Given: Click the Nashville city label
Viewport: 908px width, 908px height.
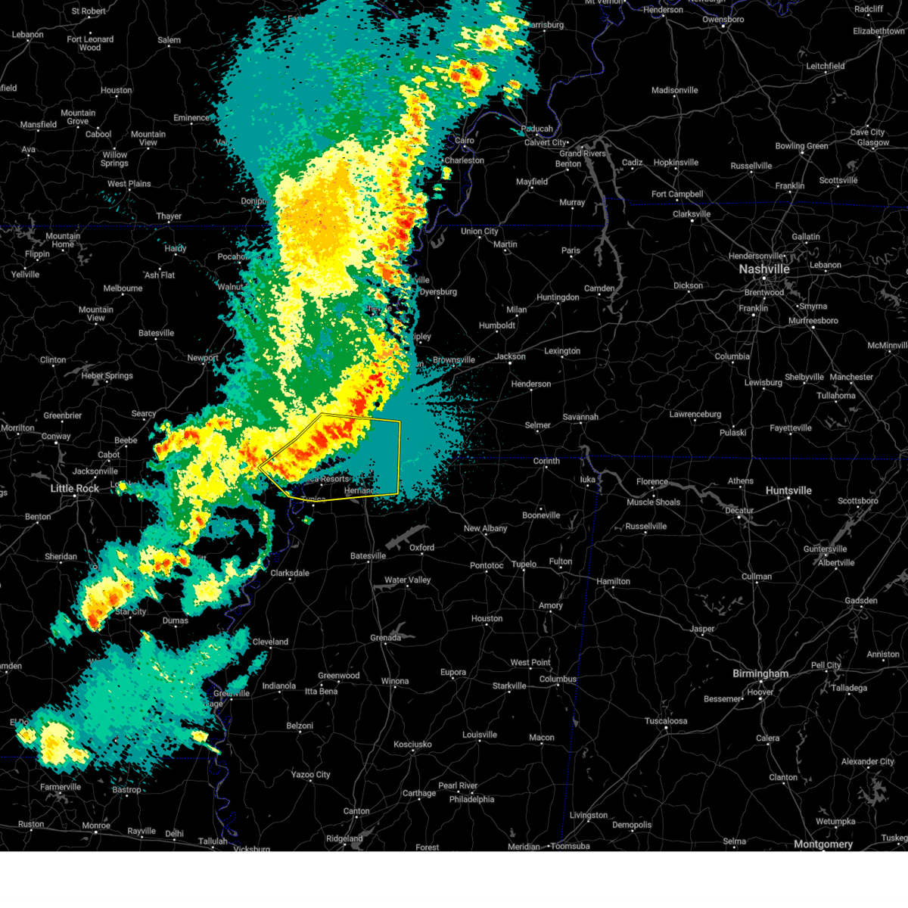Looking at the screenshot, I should (764, 269).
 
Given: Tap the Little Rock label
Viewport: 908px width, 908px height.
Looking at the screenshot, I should (74, 489).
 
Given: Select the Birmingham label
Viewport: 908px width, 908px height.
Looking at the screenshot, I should (760, 673).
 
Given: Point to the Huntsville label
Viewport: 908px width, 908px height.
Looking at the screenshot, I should (788, 491).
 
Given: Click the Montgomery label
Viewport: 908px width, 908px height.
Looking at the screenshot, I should (823, 844).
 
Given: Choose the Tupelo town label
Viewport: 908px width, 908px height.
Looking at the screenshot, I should (524, 564).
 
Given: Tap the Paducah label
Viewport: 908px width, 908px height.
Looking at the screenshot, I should (536, 129).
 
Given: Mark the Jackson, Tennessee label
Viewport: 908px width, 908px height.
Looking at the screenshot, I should (511, 356).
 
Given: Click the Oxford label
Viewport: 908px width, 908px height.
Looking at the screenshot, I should (421, 547).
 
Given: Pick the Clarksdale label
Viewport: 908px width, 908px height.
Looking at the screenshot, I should (290, 574).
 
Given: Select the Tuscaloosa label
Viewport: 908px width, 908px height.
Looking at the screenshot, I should (666, 721).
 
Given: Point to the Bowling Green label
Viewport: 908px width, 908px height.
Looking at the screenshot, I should (801, 146).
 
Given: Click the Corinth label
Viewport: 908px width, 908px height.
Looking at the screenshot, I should (546, 461).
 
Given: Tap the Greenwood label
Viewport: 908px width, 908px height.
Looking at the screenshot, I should (338, 676).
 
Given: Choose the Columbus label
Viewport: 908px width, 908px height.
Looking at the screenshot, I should (558, 679).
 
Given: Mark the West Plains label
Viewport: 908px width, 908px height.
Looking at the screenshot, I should (129, 184).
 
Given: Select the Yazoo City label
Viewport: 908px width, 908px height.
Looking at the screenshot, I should (310, 775).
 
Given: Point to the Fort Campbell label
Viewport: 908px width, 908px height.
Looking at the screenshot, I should (677, 194).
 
